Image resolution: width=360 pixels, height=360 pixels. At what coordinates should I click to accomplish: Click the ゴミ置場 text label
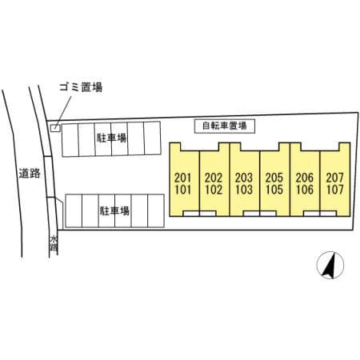click(81, 87)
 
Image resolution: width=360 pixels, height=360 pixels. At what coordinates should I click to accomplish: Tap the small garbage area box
click(55, 128)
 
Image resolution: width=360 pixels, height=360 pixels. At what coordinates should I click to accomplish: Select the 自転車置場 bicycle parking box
click(225, 126)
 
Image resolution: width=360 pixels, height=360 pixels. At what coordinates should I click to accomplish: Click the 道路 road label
click(30, 174)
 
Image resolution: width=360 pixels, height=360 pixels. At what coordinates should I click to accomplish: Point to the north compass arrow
click(330, 266)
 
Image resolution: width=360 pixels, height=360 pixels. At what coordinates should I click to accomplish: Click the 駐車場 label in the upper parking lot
click(111, 138)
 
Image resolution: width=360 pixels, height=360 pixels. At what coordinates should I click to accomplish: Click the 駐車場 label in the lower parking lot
click(114, 210)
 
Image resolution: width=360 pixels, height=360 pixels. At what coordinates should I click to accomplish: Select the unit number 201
click(183, 178)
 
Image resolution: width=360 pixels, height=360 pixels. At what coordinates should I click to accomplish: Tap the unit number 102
click(214, 190)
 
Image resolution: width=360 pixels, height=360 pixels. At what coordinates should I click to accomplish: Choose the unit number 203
click(244, 178)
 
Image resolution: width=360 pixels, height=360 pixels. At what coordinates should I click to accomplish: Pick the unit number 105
click(274, 190)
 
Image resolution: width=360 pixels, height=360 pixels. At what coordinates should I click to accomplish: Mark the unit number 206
click(305, 178)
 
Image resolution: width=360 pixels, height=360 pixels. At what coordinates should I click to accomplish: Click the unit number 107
click(335, 190)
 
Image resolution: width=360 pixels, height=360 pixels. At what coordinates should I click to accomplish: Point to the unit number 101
click(183, 190)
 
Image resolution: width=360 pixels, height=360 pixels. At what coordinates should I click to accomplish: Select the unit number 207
click(335, 178)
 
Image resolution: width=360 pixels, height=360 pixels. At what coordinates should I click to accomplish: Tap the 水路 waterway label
click(54, 243)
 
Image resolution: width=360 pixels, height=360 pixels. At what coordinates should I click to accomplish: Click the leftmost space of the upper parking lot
click(70, 140)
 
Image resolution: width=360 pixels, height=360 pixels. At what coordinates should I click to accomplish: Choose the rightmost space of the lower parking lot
click(156, 210)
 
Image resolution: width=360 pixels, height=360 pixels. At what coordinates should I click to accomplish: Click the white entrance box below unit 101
click(191, 214)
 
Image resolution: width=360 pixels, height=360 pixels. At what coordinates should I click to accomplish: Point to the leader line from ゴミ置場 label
click(63, 113)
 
